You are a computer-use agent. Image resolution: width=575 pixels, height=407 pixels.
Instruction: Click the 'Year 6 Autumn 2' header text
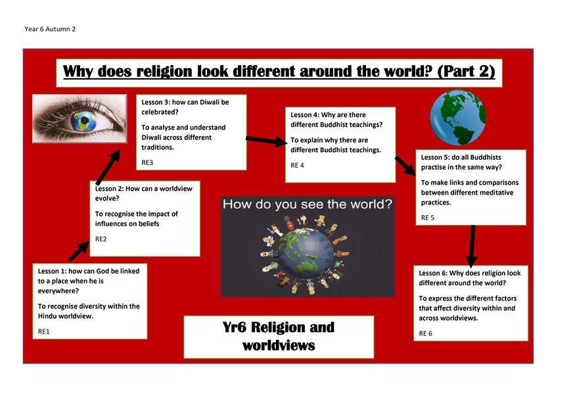50,29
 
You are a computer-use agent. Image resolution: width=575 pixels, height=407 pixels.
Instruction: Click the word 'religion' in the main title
164,72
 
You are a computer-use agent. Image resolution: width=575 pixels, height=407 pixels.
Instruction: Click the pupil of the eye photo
85,120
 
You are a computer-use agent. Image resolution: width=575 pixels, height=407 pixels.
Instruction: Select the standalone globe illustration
458,117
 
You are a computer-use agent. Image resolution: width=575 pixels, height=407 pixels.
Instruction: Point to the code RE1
43,331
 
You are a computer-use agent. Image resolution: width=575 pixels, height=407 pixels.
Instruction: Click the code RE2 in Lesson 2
101,239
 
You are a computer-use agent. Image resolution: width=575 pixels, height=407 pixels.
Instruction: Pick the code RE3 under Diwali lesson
147,162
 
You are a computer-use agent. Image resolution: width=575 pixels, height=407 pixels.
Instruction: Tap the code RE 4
298,166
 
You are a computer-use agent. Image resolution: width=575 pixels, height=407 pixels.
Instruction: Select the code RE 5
428,218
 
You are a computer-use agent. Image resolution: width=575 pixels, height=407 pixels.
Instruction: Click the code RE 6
426,333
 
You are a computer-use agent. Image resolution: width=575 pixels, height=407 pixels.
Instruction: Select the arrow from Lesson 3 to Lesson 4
267,141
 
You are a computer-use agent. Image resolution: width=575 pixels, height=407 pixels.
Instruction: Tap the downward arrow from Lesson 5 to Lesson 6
472,246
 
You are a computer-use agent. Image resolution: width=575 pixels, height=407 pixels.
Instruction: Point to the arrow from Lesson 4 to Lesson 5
405,166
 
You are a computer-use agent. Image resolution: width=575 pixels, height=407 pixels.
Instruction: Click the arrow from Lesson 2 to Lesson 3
108,167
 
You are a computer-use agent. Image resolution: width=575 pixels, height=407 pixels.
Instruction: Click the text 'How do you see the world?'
308,204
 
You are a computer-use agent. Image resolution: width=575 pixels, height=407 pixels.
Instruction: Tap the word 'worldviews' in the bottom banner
279,345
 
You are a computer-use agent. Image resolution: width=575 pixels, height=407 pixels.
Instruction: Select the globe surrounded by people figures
306,254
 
